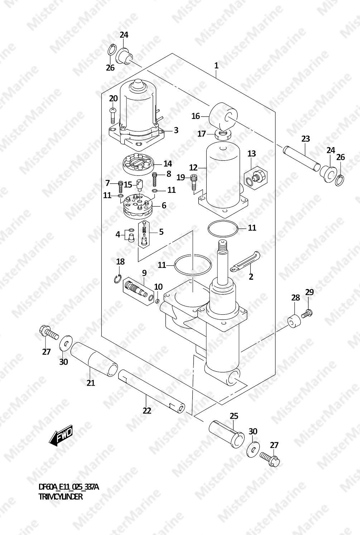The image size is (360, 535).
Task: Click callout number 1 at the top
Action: [216, 66]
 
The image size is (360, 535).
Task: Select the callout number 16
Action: [196, 116]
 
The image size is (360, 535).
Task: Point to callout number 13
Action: [251, 153]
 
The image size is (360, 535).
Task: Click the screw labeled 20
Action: [112, 115]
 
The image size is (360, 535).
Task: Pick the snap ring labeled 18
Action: [117, 279]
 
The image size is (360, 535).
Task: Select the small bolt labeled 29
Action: [307, 313]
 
